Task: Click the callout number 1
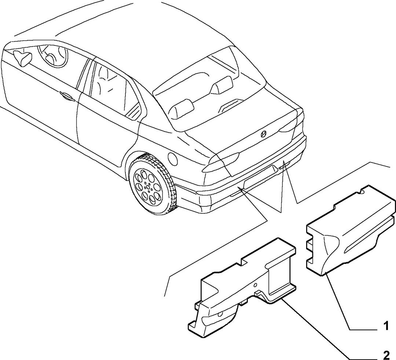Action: pos(386,326)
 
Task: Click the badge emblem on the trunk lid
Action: pos(264,135)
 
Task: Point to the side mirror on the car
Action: pos(22,58)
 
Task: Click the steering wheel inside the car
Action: pos(52,56)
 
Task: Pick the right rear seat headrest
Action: pos(222,85)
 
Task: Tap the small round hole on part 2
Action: pos(256,285)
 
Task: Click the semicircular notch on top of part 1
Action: pos(362,193)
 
